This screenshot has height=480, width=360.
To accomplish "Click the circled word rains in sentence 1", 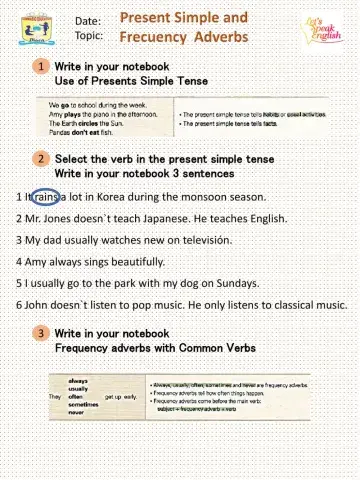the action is pos(47,196).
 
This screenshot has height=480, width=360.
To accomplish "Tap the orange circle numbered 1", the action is pos(41,66).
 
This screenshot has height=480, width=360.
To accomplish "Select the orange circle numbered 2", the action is pos(41,159).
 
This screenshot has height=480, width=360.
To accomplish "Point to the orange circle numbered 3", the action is pos(41,333).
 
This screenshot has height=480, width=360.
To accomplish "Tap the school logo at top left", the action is pos(34,31).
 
